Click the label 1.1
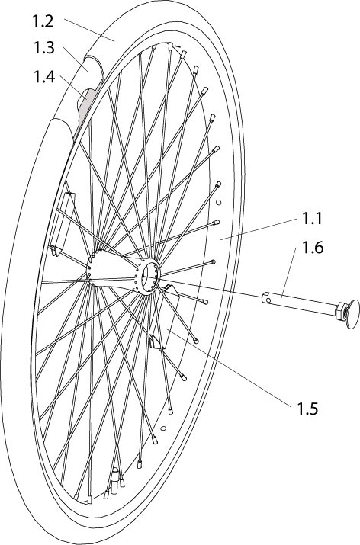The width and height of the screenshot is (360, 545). tap(312, 219)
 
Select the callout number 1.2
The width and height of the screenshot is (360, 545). tap(43, 21)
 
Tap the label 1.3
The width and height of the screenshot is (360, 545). tap(43, 47)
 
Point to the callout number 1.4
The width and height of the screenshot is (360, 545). tap(44, 76)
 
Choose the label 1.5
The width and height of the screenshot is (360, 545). tap(307, 409)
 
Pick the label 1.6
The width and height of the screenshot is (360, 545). tap(313, 248)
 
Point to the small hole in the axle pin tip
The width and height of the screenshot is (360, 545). tap(268, 300)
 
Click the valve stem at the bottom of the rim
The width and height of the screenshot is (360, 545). tap(114, 479)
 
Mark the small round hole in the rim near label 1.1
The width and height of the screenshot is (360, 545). tap(218, 202)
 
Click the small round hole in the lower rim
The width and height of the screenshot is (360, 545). tap(163, 428)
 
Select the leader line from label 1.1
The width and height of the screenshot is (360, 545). tap(258, 229)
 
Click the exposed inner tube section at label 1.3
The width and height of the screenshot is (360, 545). tap(92, 66)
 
